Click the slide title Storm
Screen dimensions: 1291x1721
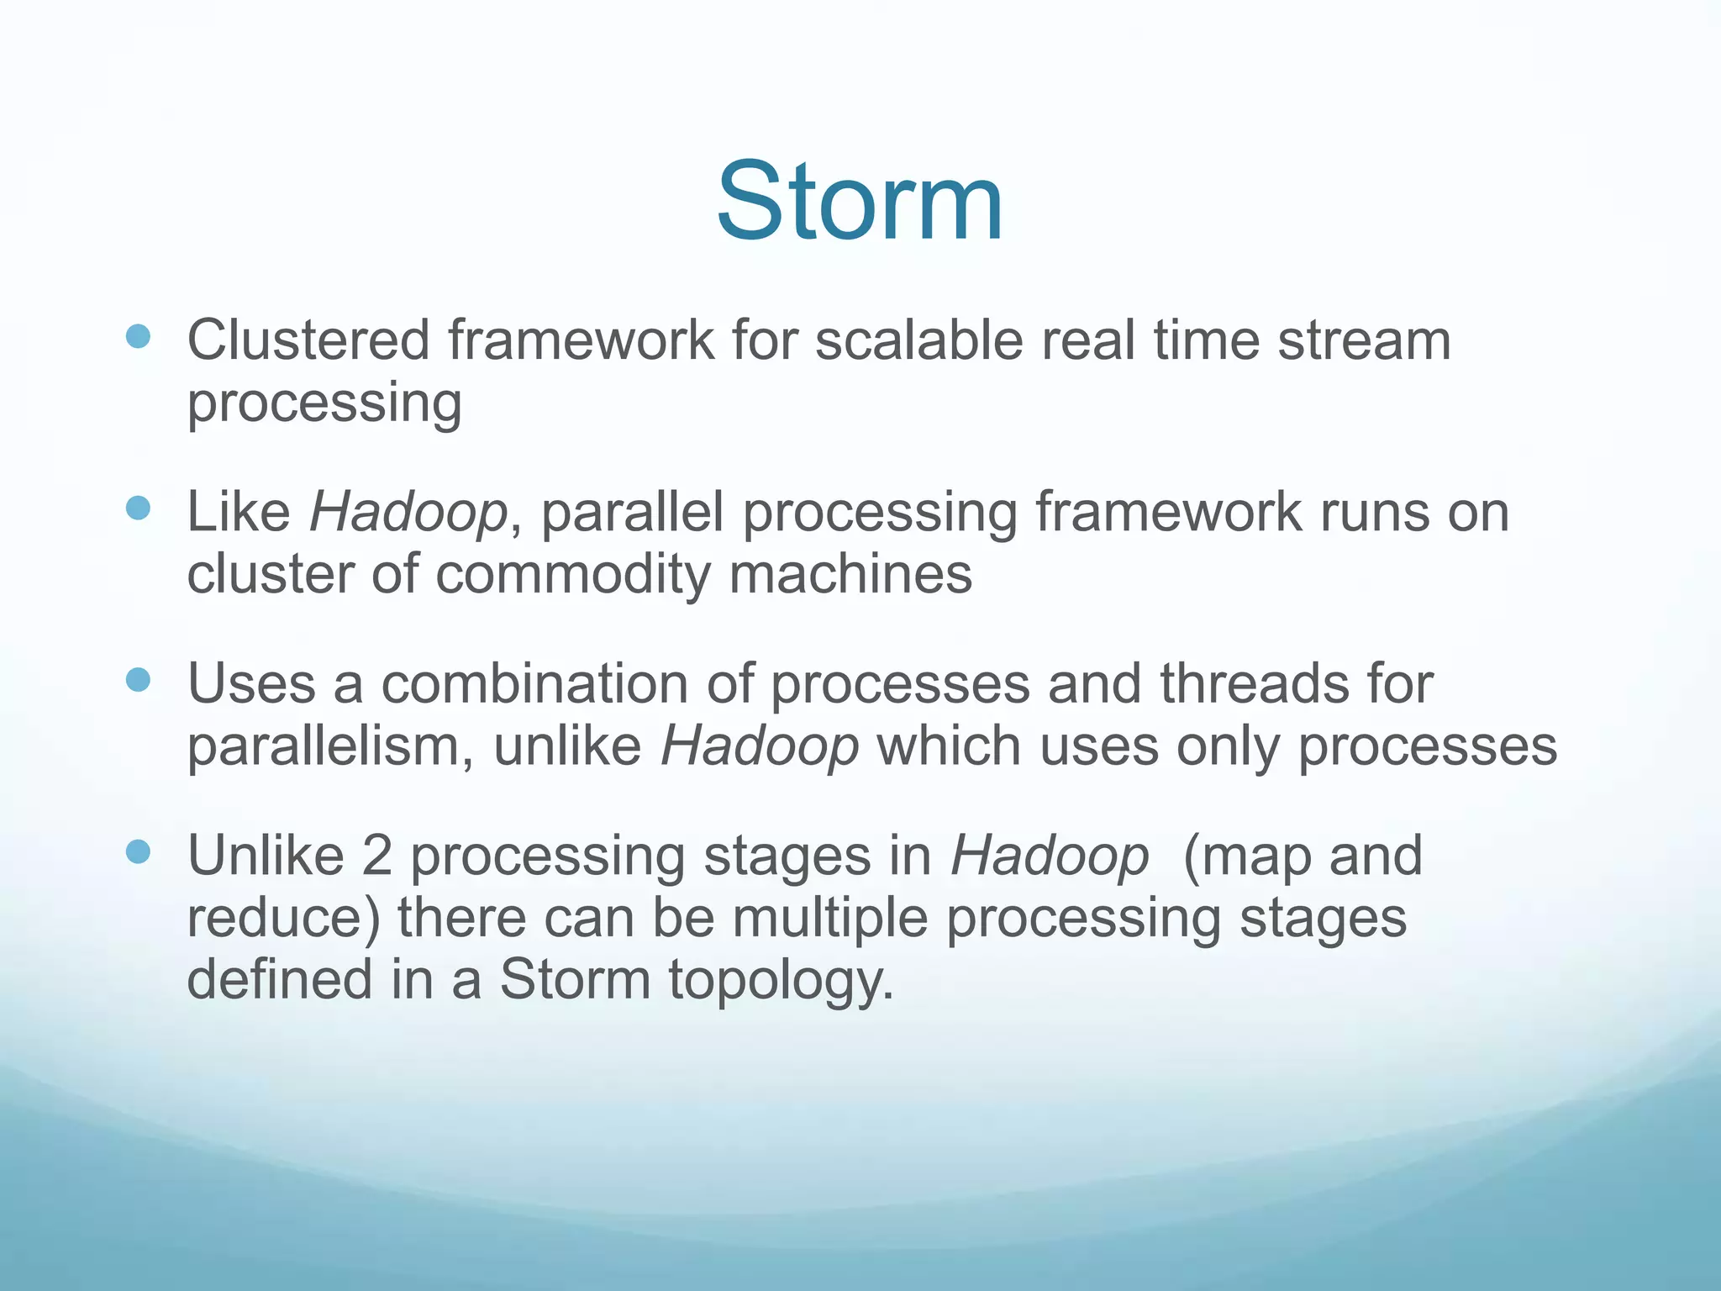tap(860, 202)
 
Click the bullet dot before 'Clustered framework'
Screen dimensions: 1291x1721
tap(138, 337)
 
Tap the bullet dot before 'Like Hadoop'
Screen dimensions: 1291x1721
tap(138, 508)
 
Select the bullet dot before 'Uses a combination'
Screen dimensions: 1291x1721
tap(138, 679)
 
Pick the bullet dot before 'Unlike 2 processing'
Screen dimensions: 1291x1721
tap(138, 852)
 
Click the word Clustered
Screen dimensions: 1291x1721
tap(308, 340)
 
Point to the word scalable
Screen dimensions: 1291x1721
tap(918, 340)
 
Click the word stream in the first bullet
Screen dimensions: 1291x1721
tap(1364, 340)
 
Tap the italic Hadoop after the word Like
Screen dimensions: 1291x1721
tap(408, 512)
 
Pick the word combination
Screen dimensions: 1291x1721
tap(534, 683)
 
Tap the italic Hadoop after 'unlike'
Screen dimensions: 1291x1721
tap(760, 746)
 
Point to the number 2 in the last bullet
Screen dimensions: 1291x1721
tap(377, 856)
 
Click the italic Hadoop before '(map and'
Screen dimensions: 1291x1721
tap(1050, 856)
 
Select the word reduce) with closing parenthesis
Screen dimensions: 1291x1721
tap(283, 918)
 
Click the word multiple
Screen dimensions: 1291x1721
tap(829, 918)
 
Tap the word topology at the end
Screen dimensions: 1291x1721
tap(780, 981)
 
